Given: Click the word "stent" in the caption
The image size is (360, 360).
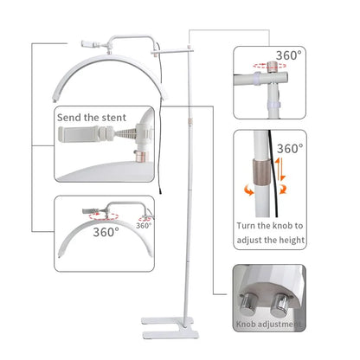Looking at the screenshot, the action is click(x=113, y=118).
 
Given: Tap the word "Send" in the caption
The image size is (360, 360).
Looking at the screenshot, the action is click(x=69, y=118).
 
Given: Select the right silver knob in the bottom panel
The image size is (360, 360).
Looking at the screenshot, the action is click(x=280, y=305).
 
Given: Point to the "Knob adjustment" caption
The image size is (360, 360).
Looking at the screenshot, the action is click(x=269, y=325).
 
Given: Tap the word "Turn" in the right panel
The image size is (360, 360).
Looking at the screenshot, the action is click(x=246, y=226).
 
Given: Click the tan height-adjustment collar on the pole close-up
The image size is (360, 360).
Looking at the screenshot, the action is click(x=262, y=172).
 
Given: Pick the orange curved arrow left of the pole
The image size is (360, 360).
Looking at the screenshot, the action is click(x=248, y=190).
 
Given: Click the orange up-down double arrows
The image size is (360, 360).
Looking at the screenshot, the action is click(x=280, y=169).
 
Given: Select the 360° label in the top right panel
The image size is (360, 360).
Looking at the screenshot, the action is click(x=288, y=55).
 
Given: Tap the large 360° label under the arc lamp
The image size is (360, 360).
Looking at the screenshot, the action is click(x=106, y=232).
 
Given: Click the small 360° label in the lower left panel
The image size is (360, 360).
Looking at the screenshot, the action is click(x=144, y=225).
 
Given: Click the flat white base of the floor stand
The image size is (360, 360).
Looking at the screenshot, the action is click(x=170, y=327).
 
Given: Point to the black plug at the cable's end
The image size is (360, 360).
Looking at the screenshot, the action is click(x=159, y=191).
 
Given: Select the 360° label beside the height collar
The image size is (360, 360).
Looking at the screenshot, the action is click(x=290, y=149).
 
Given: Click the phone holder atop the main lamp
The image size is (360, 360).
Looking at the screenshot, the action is click(x=90, y=44).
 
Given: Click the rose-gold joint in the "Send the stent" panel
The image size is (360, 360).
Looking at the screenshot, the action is click(x=141, y=156).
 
